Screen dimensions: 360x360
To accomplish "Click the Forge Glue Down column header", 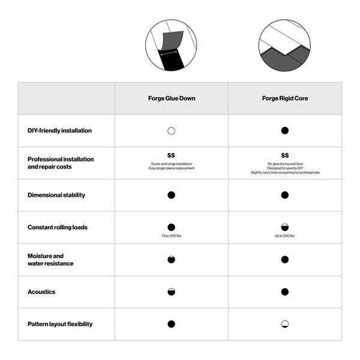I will click(x=171, y=98).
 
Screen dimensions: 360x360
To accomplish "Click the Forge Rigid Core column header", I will click(x=284, y=98).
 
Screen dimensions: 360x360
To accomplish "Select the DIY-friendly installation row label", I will click(x=59, y=130).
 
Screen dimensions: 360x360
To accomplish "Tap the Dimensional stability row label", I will click(x=56, y=195).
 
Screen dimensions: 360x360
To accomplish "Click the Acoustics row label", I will click(x=41, y=292).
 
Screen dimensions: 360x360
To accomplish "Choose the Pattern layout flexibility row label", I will click(x=60, y=324).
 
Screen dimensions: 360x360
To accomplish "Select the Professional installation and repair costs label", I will click(x=61, y=163).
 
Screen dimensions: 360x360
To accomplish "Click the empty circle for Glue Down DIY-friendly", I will click(x=171, y=130).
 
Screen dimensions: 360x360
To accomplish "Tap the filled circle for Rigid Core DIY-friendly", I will click(x=284, y=130).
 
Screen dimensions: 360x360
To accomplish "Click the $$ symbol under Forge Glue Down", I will click(x=171, y=155).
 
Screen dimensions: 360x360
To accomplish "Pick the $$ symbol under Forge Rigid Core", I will click(x=284, y=155).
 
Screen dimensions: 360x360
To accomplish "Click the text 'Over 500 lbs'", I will click(x=171, y=236).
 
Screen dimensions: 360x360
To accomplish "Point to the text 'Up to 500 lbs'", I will click(x=284, y=236).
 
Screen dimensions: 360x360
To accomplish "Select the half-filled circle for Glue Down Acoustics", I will click(x=171, y=292).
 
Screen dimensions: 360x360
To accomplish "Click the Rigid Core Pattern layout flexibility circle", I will click(x=284, y=324).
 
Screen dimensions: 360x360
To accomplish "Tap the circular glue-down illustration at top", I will click(x=171, y=45).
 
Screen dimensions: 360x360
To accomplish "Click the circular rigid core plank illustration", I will click(x=284, y=45).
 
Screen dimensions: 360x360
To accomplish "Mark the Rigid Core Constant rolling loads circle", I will click(x=284, y=227).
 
